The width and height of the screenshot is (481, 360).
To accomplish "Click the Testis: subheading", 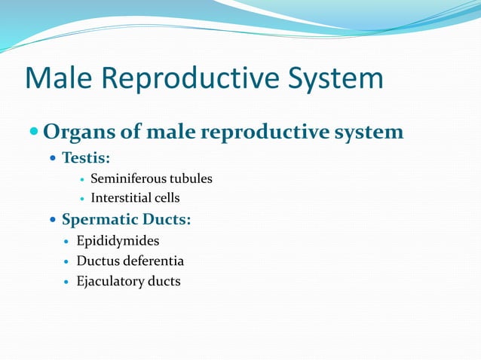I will coord(85,160).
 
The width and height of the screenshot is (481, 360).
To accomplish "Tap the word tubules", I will coord(191,179).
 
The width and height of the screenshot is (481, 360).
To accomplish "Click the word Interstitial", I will coord(122,199).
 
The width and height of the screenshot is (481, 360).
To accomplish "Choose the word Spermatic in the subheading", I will coord(99,221).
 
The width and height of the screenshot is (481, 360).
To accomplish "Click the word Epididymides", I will coord(118,242).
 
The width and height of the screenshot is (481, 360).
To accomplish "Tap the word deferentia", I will coord(155,261).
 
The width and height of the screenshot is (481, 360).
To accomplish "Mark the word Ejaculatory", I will coord(112,282).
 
